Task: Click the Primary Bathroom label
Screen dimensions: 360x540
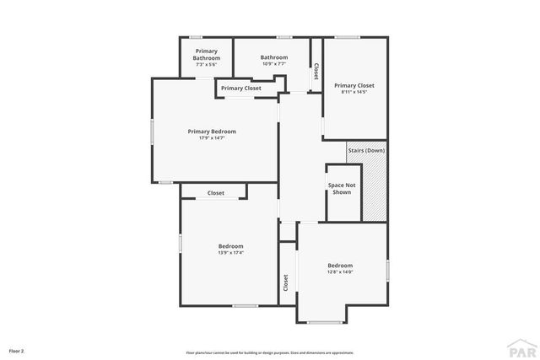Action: (x=206, y=54)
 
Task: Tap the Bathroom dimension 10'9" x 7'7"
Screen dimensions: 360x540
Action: (x=274, y=64)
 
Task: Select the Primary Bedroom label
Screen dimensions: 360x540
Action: (x=212, y=131)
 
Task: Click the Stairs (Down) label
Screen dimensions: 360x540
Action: (x=366, y=150)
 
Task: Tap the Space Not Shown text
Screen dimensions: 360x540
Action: (x=342, y=188)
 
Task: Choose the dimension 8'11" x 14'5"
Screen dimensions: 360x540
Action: (x=354, y=92)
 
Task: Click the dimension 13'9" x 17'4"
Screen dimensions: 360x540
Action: (x=230, y=252)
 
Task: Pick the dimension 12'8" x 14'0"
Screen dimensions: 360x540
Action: (x=340, y=271)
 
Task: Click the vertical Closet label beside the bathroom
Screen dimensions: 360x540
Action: (x=316, y=72)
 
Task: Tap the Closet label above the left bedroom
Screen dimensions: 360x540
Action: (x=216, y=193)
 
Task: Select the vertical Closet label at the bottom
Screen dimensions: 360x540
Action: (x=286, y=282)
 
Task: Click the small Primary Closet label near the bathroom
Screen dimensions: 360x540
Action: (x=241, y=88)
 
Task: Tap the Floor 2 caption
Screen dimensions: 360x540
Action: (x=17, y=350)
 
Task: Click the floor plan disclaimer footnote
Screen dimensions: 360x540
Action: (x=270, y=352)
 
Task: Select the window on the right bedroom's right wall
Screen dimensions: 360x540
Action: (x=387, y=270)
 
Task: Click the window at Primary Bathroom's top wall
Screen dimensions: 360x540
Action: (x=196, y=37)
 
